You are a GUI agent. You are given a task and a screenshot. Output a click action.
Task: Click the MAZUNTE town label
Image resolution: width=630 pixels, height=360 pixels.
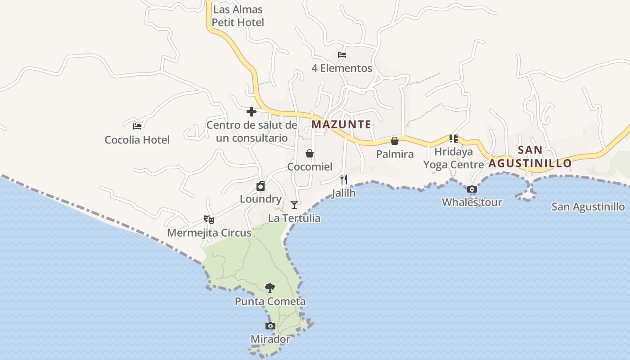[342, 124]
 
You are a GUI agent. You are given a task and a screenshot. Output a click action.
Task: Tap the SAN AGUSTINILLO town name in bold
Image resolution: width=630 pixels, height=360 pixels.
[530, 156]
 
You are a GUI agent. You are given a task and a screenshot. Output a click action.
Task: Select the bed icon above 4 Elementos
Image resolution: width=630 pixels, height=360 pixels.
[342, 55]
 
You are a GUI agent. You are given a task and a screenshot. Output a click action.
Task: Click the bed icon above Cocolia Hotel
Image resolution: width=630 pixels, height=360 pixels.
[137, 126]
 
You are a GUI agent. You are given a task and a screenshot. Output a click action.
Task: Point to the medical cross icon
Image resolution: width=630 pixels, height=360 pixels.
[252, 112]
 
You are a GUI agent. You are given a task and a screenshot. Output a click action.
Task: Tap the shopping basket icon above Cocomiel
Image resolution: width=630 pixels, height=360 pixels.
[310, 153]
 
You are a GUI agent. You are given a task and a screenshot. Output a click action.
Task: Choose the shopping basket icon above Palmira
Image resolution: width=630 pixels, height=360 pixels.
[395, 141]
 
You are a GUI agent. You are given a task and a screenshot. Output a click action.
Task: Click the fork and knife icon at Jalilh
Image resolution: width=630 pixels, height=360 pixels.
[344, 180]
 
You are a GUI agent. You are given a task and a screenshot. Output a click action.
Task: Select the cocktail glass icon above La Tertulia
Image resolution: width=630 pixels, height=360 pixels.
[294, 205]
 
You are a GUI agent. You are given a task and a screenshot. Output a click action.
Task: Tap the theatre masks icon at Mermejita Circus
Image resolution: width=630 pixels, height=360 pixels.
[209, 220]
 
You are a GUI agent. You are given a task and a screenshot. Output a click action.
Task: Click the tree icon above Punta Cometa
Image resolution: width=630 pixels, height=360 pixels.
[270, 288]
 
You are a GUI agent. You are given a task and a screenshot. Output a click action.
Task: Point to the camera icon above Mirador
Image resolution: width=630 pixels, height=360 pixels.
[270, 326]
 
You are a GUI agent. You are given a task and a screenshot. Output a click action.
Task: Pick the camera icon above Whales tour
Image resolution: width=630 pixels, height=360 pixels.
[472, 189]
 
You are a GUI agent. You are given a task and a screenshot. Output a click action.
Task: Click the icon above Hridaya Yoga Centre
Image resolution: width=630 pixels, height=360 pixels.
[453, 139]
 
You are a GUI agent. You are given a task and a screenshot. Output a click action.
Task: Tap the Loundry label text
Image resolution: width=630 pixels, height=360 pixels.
[261, 199]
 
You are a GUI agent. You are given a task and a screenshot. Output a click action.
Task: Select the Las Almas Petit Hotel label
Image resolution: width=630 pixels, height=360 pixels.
[238, 16]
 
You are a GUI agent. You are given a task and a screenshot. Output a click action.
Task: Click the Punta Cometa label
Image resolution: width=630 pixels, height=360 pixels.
[270, 301]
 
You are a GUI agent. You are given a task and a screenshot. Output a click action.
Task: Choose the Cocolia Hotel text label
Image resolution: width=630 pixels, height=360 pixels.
[137, 140]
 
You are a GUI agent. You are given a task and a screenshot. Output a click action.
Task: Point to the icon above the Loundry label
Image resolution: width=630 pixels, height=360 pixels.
[261, 186]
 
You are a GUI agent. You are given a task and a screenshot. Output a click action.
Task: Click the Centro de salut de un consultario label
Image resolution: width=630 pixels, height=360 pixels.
[252, 131]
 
